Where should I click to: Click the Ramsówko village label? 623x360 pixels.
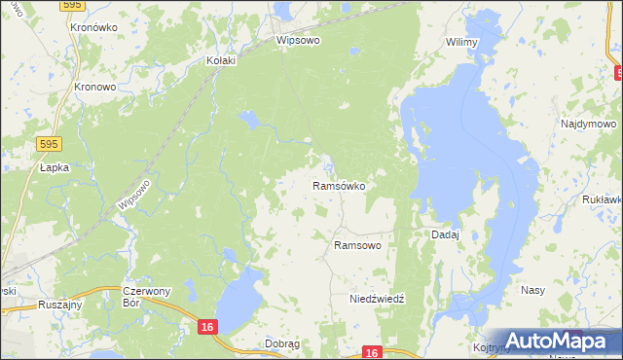338,185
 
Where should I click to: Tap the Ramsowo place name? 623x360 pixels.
357,246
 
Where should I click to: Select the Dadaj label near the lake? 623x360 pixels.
445,235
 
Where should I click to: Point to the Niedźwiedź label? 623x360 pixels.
377,299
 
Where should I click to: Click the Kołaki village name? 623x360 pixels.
222,60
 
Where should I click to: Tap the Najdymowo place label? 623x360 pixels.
589,125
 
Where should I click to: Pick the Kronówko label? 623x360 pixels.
93,28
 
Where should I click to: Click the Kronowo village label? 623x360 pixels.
95,86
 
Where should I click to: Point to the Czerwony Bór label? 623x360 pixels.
147,297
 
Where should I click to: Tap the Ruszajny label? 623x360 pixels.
59,305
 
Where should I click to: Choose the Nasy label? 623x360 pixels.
532,291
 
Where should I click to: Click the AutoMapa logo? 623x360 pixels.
559,341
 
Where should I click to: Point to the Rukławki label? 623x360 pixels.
601,200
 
